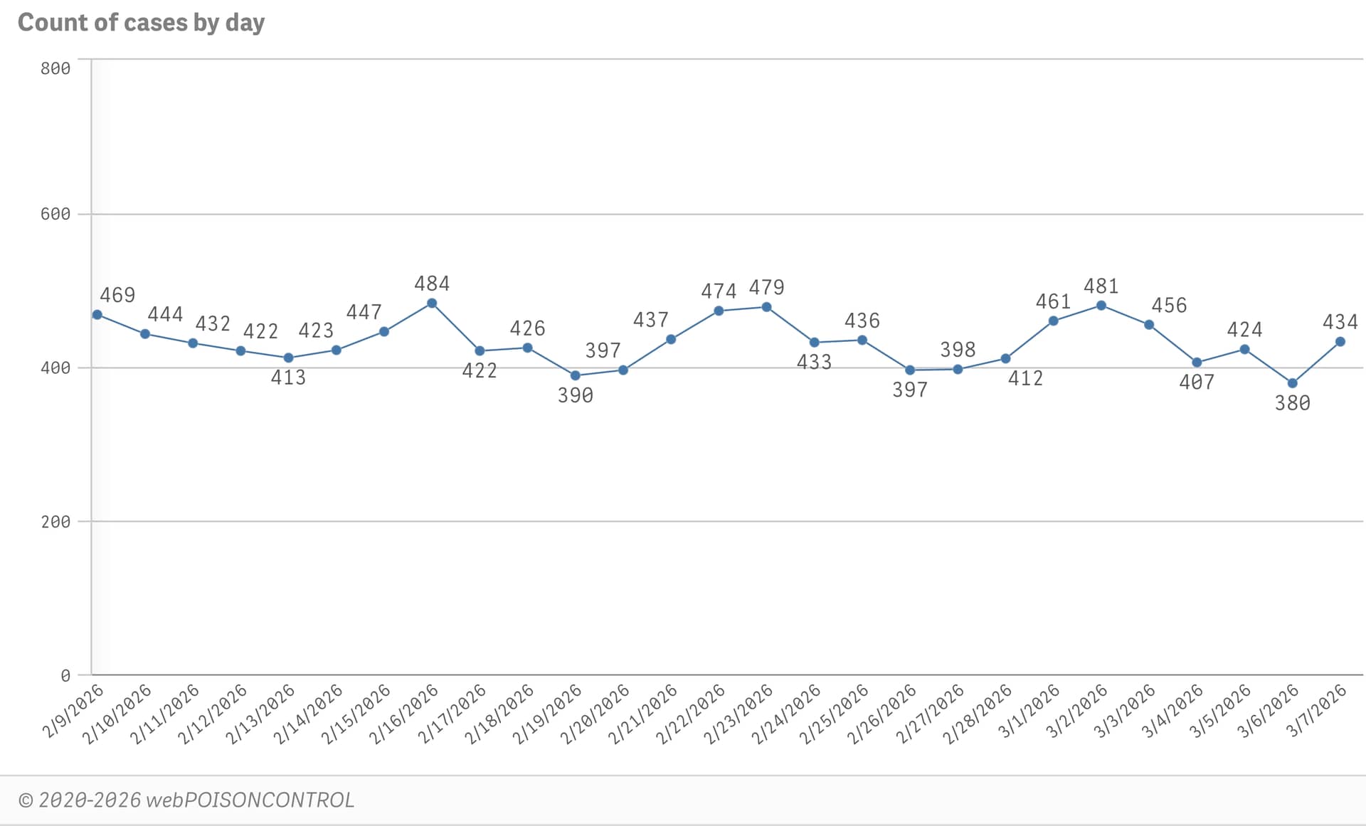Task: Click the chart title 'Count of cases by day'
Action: [141, 23]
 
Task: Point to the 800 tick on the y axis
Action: [55, 68]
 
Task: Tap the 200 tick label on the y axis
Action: [55, 522]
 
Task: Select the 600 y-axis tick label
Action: [55, 214]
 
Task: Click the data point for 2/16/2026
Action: [432, 304]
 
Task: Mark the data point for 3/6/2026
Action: [1292, 383]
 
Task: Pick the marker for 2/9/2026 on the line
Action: [97, 315]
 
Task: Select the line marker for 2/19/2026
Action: [575, 375]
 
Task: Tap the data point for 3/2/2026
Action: [1101, 306]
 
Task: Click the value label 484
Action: [432, 284]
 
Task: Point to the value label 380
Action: [1292, 403]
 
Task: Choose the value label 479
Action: [766, 287]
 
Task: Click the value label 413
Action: [288, 377]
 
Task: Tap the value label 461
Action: [1053, 301]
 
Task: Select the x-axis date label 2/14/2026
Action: [309, 714]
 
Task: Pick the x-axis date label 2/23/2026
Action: [738, 714]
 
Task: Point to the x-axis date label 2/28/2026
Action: [978, 714]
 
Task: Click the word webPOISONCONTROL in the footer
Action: [250, 800]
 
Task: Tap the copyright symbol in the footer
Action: [26, 801]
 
